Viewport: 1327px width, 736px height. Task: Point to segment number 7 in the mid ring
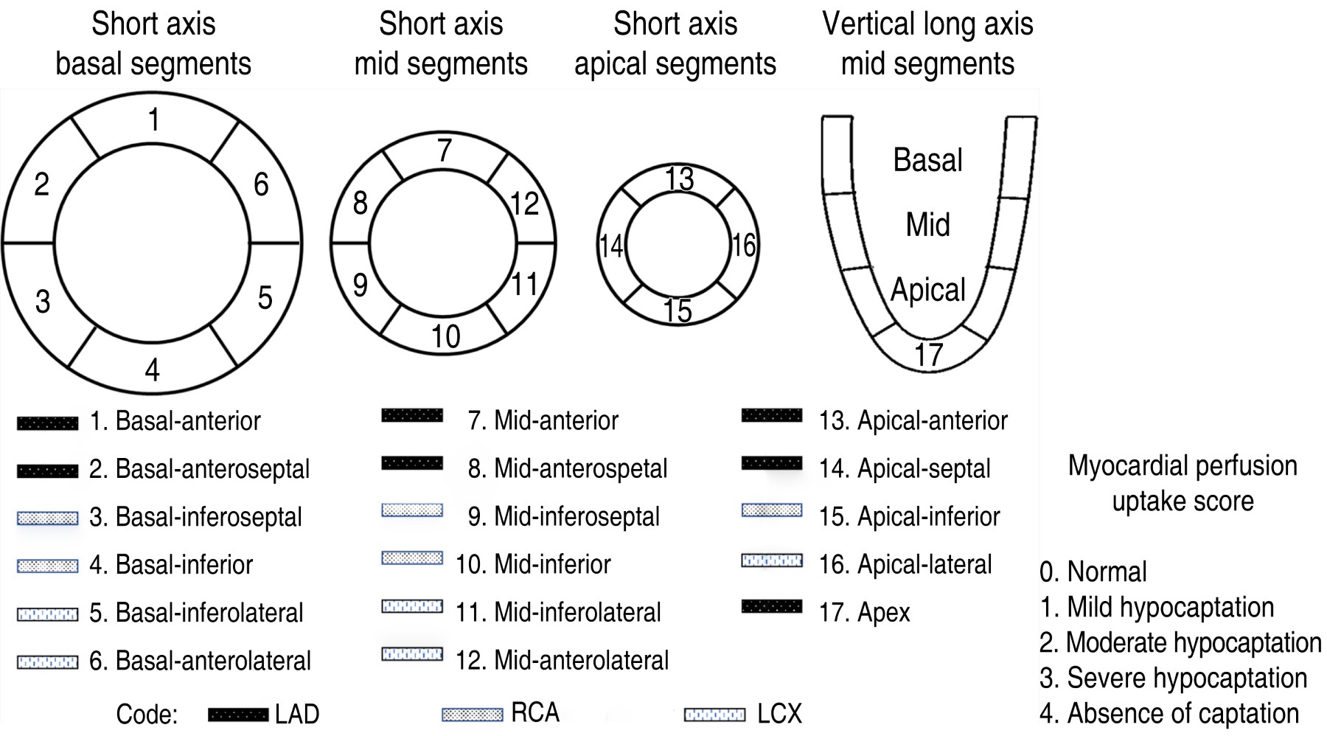[444, 151]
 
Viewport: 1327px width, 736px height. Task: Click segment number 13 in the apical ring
[679, 179]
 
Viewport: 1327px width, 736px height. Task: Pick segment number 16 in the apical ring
[743, 246]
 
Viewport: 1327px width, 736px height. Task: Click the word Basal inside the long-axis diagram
[927, 160]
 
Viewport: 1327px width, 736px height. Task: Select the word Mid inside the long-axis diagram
[927, 224]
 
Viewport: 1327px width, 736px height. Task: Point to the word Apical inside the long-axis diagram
[927, 290]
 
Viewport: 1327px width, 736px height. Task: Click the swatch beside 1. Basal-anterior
[47, 423]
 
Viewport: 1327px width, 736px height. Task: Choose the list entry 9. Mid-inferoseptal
[563, 516]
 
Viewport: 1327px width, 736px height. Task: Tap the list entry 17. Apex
[864, 612]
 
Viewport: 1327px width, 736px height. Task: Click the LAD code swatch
[237, 714]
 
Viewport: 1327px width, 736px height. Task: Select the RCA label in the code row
[535, 712]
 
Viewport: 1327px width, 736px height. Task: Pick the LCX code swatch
[714, 714]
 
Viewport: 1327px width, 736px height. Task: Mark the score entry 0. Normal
[1093, 572]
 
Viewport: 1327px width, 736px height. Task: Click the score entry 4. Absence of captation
[1168, 713]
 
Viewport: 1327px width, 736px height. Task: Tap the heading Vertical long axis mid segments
[927, 44]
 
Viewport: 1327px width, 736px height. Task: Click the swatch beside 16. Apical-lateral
[771, 560]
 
